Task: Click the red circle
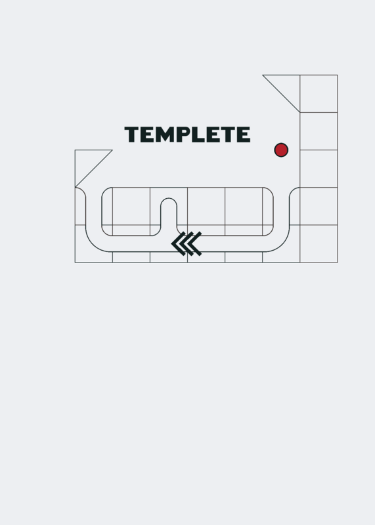click(281, 150)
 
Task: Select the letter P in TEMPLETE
click(183, 135)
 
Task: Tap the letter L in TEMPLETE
click(198, 135)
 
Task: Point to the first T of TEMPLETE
click(132, 135)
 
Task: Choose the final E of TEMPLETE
click(244, 135)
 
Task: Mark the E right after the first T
click(147, 135)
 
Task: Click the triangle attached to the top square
click(287, 87)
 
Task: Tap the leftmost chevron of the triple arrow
click(178, 243)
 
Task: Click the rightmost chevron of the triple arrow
click(194, 243)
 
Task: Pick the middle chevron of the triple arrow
click(187, 243)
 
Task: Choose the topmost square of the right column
click(319, 94)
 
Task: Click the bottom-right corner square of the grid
click(319, 243)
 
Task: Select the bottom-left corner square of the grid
click(93, 243)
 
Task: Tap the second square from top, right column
click(319, 131)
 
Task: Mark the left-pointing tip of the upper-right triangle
click(263, 75)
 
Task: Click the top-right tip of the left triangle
click(112, 150)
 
